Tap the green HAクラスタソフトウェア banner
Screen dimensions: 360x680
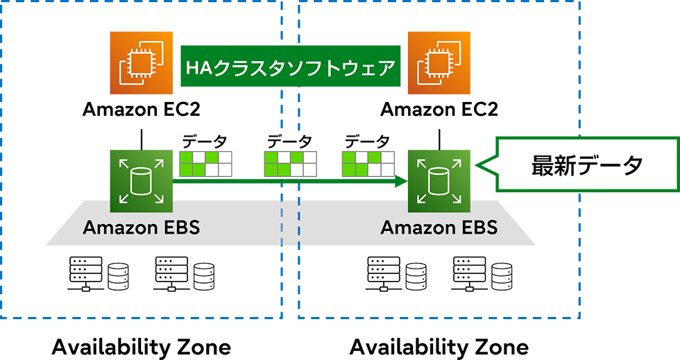[291, 67]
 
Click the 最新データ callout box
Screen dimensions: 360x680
[586, 164]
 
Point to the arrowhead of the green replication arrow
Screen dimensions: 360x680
[400, 182]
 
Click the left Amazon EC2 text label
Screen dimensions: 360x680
[142, 110]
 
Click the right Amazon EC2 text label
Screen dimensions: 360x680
[439, 110]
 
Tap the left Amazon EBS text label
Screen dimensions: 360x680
[142, 227]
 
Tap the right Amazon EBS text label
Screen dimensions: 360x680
[439, 227]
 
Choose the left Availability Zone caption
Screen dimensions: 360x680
[141, 346]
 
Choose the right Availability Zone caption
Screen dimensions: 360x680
[439, 346]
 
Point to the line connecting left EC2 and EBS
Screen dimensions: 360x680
[142, 139]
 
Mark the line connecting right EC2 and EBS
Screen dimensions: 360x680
[439, 139]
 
